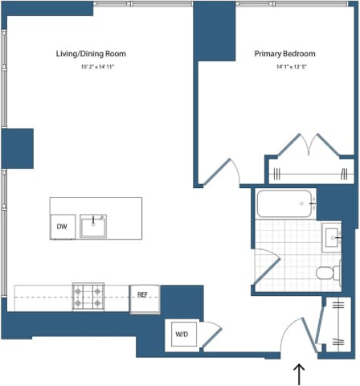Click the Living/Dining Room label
tap(91, 54)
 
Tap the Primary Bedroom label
tap(284, 54)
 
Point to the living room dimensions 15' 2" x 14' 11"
tap(91, 66)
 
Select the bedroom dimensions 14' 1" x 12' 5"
tap(284, 66)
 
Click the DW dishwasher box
tap(61, 227)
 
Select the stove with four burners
tap(88, 297)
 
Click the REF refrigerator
tap(144, 294)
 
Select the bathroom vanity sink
tap(332, 237)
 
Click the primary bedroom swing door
tap(220, 173)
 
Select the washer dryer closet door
tap(211, 335)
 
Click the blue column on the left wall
tap(17, 148)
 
